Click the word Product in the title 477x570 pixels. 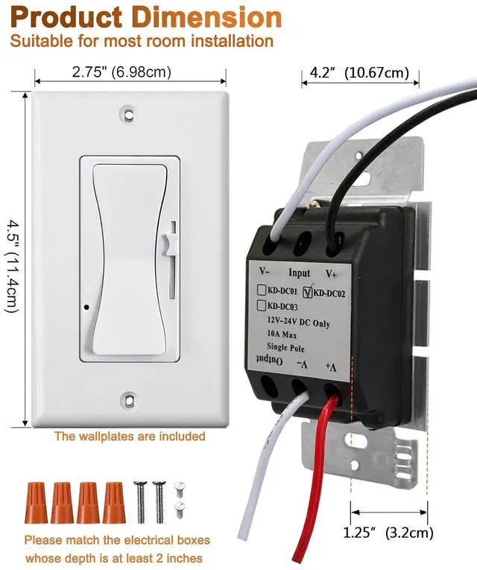[57, 17]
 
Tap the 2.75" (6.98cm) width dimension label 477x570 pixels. [121, 72]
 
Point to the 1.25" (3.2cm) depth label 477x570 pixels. [388, 533]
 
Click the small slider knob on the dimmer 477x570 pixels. [167, 242]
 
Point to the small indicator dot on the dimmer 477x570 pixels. [87, 306]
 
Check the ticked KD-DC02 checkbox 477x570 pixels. [307, 292]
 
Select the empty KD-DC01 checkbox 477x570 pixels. [262, 289]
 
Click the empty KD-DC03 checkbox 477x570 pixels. [262, 304]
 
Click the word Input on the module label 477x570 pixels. [299, 273]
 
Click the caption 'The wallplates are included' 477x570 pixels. [129, 436]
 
